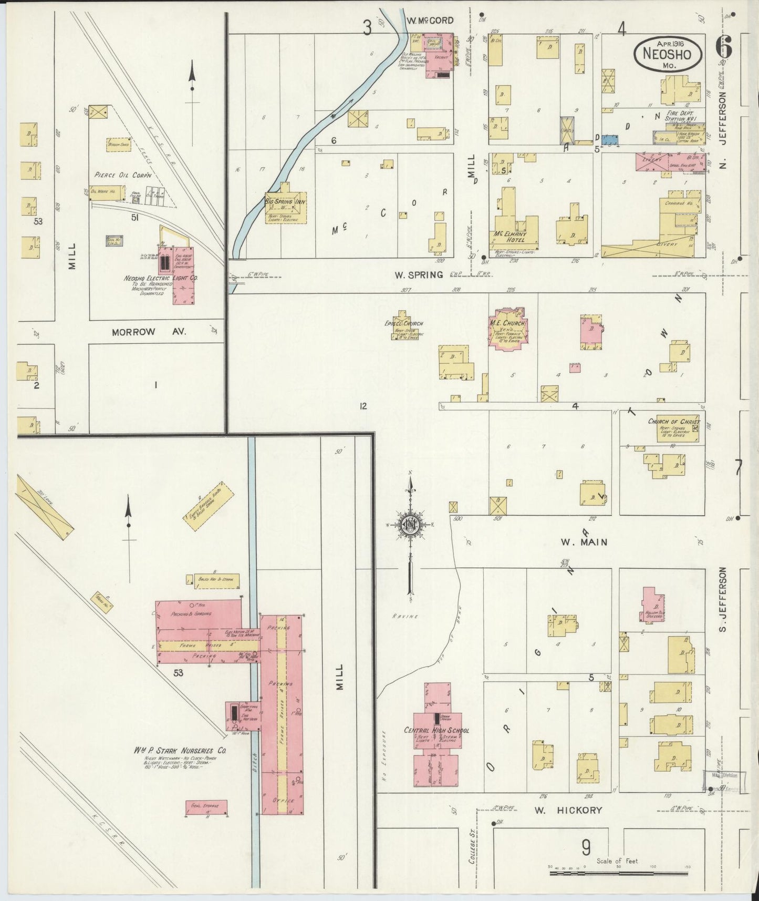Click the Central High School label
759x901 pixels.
[436, 730]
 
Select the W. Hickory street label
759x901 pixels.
[568, 810]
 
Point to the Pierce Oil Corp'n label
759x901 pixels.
[122, 175]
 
